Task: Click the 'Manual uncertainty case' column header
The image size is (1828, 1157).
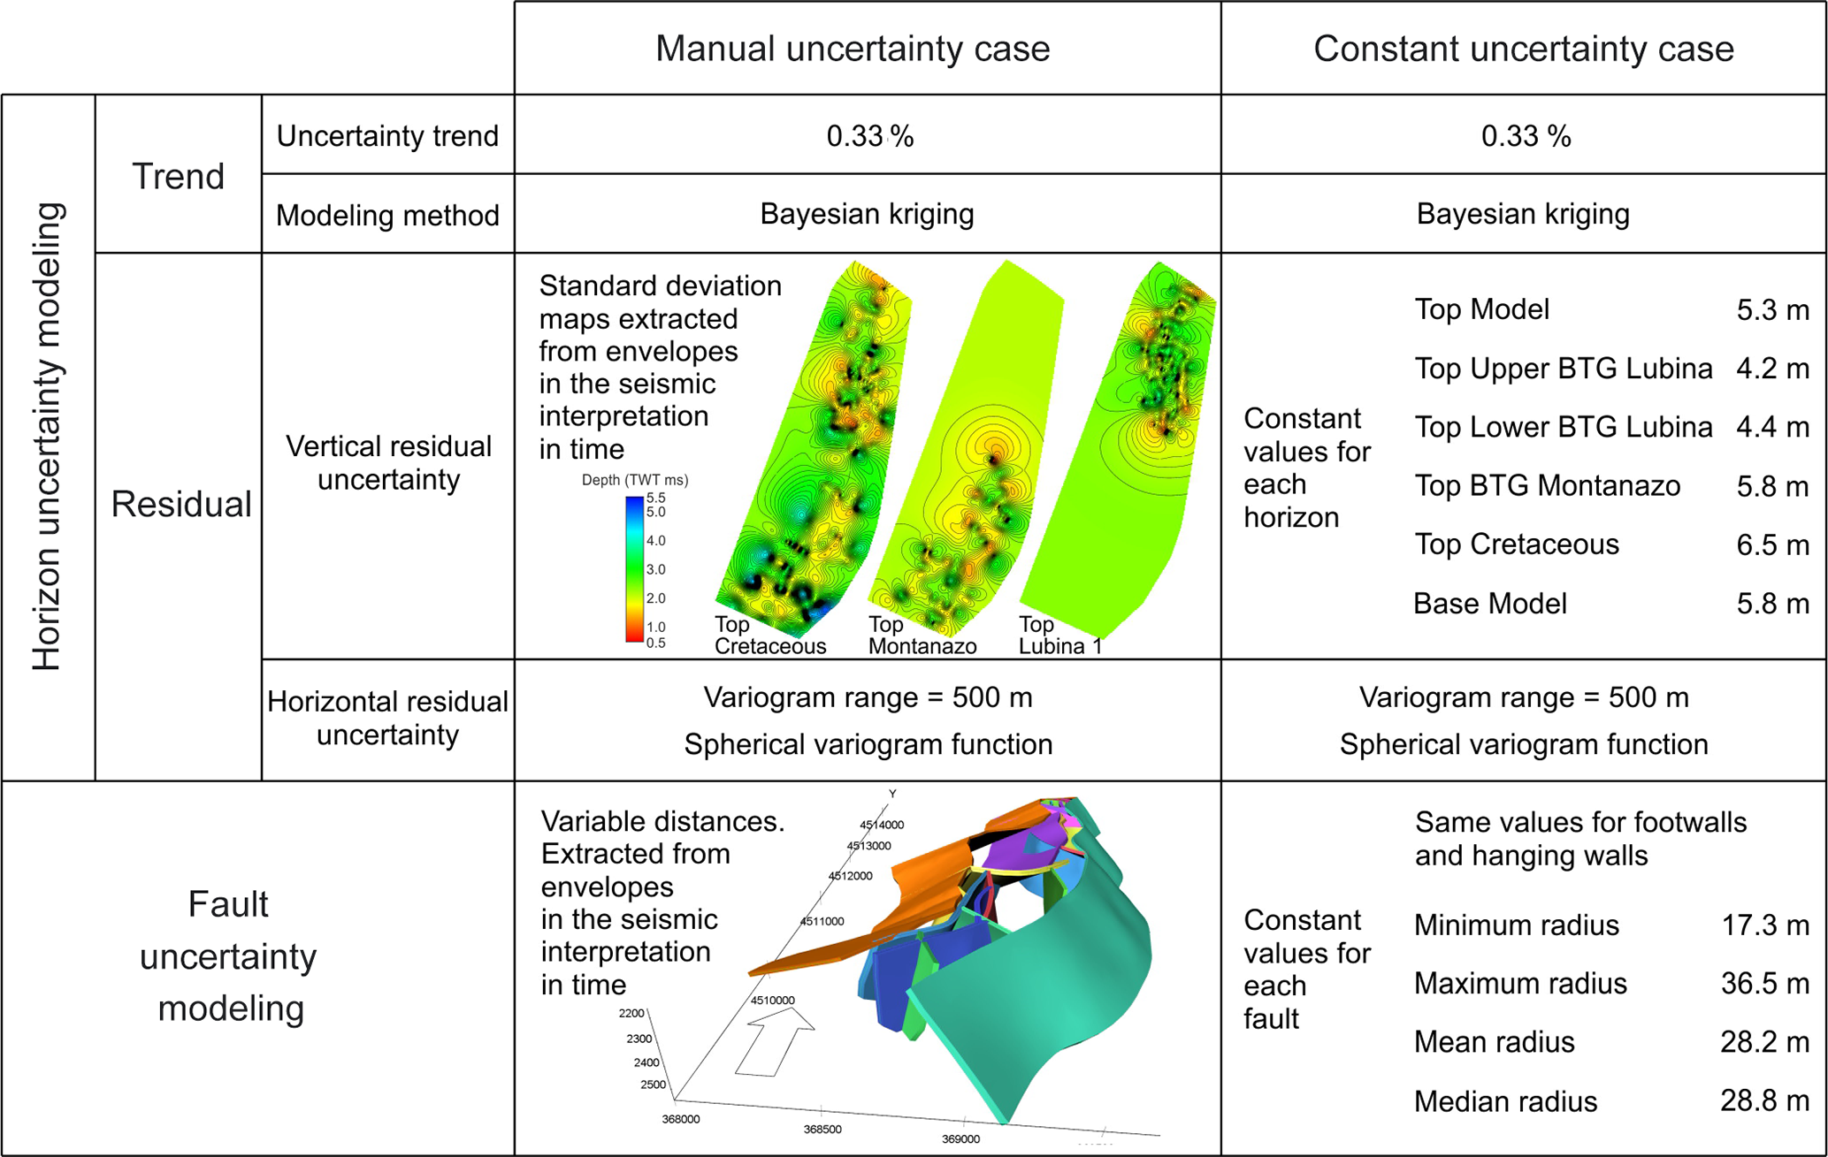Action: click(x=852, y=49)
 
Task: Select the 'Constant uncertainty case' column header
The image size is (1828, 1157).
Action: click(x=1523, y=49)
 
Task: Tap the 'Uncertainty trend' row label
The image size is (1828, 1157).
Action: click(x=387, y=136)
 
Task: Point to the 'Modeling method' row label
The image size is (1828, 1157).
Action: click(x=387, y=215)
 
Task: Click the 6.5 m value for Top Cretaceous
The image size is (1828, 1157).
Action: click(x=1772, y=544)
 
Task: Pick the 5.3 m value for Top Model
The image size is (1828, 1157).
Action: click(x=1772, y=310)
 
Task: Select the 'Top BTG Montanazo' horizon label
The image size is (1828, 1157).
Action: click(x=1547, y=485)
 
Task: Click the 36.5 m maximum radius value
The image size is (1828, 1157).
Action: click(x=1764, y=983)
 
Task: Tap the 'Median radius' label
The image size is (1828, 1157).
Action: click(x=1505, y=1101)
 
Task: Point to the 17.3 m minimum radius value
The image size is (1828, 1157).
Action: click(x=1764, y=925)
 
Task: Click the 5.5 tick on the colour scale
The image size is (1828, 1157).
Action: click(x=655, y=499)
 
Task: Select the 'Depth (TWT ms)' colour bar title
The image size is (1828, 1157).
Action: click(x=634, y=480)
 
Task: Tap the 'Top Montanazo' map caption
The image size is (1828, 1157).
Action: click(x=922, y=636)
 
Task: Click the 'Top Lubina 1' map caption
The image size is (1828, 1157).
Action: click(x=1059, y=636)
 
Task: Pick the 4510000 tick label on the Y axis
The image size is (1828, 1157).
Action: click(x=772, y=1001)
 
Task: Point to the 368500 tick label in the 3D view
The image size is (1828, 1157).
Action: click(x=822, y=1129)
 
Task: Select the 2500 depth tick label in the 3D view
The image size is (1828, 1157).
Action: click(x=653, y=1085)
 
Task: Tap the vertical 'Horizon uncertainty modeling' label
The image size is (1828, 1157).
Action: click(x=48, y=437)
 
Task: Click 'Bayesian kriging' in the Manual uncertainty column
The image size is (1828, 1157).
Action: click(x=867, y=214)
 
